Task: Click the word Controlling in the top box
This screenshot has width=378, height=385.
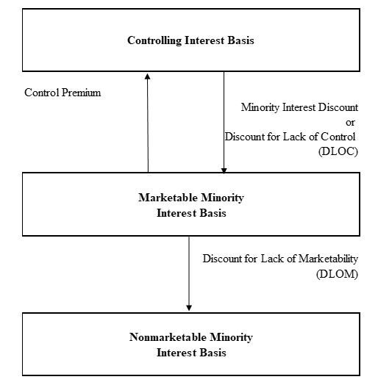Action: pos(154,40)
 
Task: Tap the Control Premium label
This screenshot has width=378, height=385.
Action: pos(63,93)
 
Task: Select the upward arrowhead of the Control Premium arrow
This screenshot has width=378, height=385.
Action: pos(148,76)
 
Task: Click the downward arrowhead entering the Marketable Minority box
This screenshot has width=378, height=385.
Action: pos(224,170)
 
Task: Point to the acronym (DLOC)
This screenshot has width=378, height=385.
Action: pos(338,151)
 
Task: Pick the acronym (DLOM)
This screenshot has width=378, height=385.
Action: pos(338,274)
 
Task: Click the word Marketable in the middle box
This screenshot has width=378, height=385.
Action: pos(168,198)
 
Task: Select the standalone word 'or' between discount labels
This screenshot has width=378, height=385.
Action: pos(350,122)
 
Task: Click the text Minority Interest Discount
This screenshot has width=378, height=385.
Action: pos(299,107)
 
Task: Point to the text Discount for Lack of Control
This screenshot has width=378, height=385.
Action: pos(290,137)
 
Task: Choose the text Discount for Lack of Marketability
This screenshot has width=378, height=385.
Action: pos(280,259)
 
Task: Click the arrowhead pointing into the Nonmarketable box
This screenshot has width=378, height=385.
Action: pos(189,308)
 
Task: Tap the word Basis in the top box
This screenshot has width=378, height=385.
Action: pos(241,40)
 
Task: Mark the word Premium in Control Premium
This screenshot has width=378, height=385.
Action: pos(82,93)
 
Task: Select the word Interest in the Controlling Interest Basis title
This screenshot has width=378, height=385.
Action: pos(204,40)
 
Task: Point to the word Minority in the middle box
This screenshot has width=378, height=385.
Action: pos(222,198)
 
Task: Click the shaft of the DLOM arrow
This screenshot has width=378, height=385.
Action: pos(189,271)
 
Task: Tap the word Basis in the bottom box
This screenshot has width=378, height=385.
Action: pos(213,353)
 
